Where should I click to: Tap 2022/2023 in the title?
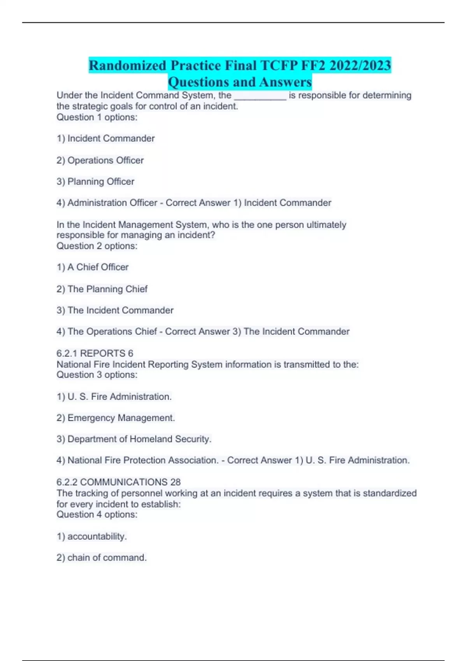(x=360, y=65)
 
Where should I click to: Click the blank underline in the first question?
(x=260, y=96)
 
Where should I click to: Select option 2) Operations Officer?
(x=100, y=160)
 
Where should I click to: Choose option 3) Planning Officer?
(x=95, y=182)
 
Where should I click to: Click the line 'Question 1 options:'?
(x=97, y=117)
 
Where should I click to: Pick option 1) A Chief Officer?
(x=93, y=267)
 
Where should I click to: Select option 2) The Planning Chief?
(x=102, y=289)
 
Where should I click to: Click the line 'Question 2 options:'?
(x=97, y=246)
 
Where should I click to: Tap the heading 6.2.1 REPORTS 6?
(x=95, y=353)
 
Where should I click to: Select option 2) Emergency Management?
(x=116, y=418)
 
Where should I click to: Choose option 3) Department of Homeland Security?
(x=134, y=439)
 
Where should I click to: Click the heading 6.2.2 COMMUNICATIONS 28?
(x=118, y=482)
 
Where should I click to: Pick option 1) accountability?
(x=92, y=537)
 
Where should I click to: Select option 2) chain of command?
(x=102, y=558)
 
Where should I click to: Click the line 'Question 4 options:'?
(x=97, y=515)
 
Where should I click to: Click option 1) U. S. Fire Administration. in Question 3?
(x=114, y=397)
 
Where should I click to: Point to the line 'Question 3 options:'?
(x=97, y=375)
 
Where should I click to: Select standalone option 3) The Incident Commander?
(x=115, y=310)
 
